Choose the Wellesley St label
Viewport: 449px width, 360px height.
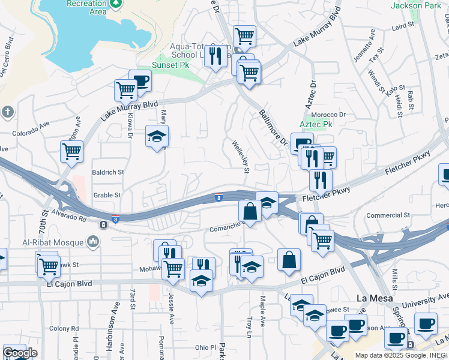click(241, 157)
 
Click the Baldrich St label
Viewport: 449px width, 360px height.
click(108, 172)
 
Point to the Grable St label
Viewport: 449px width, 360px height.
click(107, 195)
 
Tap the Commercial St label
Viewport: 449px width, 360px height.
click(388, 215)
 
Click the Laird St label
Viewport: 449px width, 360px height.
click(402, 27)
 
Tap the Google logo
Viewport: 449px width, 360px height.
click(19, 353)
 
